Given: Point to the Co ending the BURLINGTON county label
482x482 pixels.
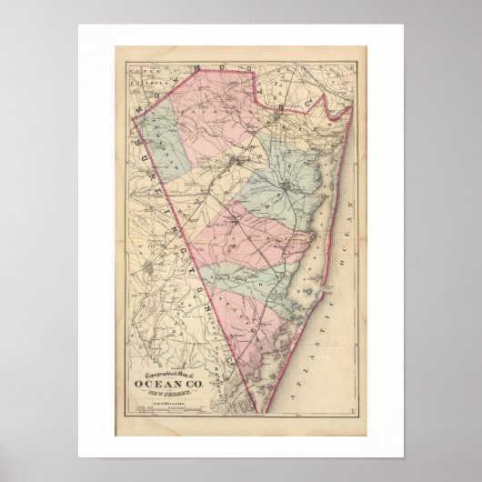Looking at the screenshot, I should point(231,362).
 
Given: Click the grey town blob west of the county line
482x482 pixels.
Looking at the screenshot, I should point(151,268).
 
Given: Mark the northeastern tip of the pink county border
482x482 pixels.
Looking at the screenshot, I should point(352,106).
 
